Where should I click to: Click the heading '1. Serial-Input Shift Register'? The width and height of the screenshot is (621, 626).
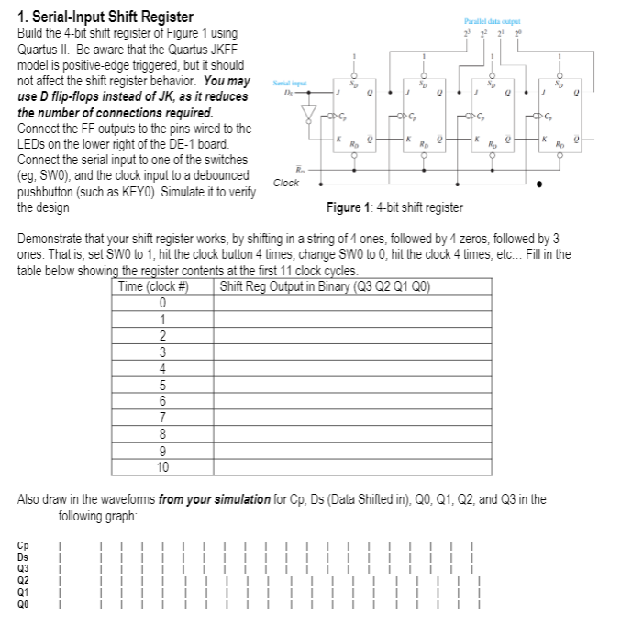(106, 17)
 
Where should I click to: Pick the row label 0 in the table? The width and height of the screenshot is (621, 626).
(161, 303)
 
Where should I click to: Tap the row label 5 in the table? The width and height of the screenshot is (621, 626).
(161, 385)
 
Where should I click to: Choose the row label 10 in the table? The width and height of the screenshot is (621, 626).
(161, 466)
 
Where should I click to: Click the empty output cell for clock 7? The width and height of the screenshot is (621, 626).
(352, 418)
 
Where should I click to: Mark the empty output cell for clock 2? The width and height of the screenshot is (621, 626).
(352, 336)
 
